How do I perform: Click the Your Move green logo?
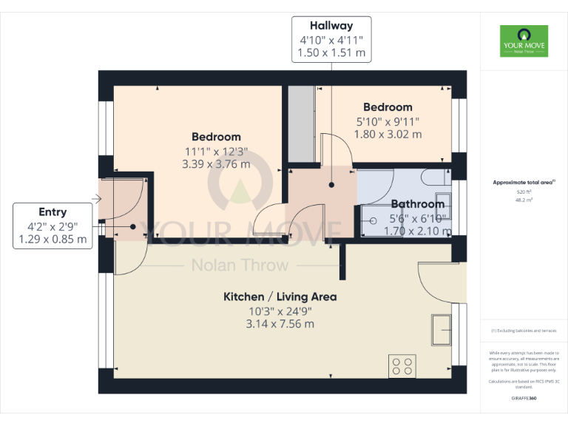pos(524,41)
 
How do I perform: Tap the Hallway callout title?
pos(331,25)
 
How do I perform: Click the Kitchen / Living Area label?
pos(280,297)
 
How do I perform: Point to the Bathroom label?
pos(417,203)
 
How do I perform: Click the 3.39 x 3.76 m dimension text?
pos(216,164)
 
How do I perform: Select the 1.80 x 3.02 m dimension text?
pos(388,135)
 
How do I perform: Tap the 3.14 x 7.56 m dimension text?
pos(280,324)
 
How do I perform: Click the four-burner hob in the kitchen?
pos(402,366)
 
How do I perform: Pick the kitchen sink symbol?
pos(442,329)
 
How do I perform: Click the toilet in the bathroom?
pos(435,177)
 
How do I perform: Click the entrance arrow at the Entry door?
pos(96,198)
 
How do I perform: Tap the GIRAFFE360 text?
pos(523,399)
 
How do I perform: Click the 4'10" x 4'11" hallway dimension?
pos(331,40)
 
